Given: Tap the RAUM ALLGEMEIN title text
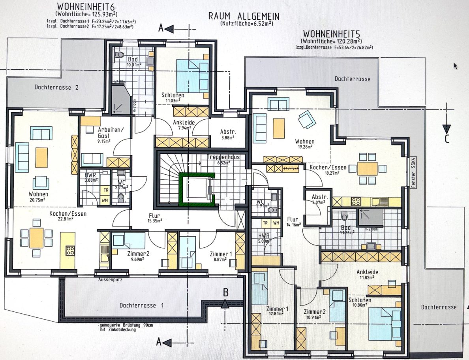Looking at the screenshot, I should click(x=244, y=17).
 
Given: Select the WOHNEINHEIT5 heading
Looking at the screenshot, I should click(x=333, y=34).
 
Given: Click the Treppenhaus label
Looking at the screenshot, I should click(x=223, y=157).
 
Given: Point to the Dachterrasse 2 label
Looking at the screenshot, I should click(x=56, y=88).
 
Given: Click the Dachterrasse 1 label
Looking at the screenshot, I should click(x=142, y=305).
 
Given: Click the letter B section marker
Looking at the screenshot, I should click(x=226, y=293).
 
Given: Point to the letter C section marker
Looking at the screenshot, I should click(x=446, y=139).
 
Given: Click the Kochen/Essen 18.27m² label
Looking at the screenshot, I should click(x=328, y=168).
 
